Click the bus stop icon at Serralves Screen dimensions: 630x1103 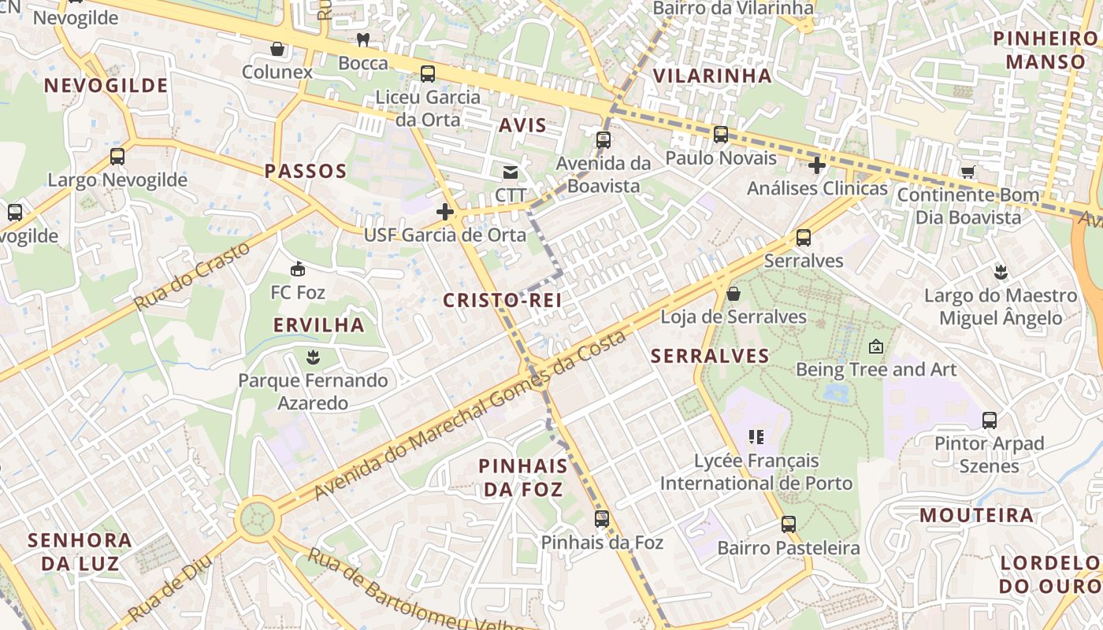point(804,238)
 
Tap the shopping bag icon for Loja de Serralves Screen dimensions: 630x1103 point(733,294)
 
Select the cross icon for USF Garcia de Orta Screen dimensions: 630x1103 point(445,212)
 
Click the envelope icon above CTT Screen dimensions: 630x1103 point(511,172)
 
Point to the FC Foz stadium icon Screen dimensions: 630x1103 point(298,269)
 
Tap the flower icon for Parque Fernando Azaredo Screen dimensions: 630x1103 point(313,358)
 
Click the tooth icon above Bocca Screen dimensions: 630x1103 point(363,40)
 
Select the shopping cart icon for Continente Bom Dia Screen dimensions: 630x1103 point(967,172)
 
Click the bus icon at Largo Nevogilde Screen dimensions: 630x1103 point(117,157)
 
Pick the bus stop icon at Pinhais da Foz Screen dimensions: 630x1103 point(602,519)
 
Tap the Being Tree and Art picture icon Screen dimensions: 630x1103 point(875,346)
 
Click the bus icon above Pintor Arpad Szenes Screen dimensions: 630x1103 point(990,421)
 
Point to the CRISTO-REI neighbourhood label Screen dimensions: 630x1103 point(502,300)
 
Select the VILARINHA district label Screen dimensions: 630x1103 point(712,76)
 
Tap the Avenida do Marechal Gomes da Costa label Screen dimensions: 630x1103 point(470,414)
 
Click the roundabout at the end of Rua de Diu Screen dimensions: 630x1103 point(257,519)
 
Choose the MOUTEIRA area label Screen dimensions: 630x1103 point(977,516)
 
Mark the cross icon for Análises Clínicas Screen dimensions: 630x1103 point(817,165)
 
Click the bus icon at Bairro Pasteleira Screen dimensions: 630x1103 point(789,524)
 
